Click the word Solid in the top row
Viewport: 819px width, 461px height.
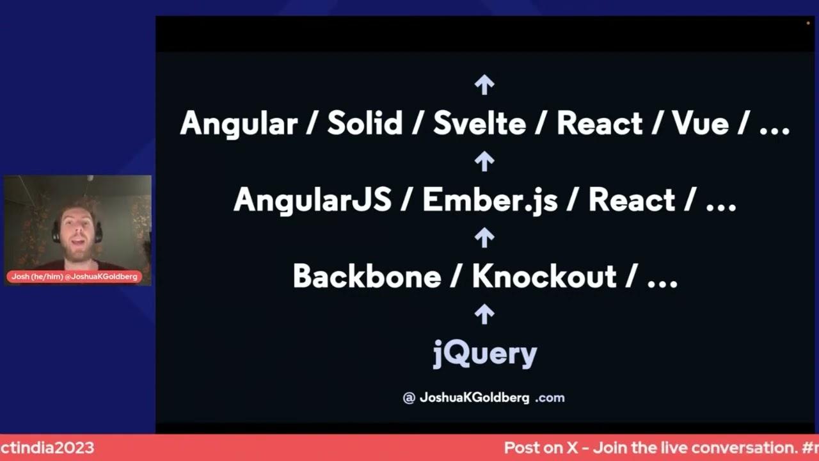point(365,123)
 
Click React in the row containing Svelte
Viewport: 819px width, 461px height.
point(599,123)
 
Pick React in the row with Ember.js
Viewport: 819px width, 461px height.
point(632,200)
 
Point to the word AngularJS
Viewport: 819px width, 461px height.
point(312,200)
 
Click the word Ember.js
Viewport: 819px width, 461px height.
point(491,200)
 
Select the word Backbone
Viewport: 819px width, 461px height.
point(367,276)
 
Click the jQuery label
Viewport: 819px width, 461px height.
point(485,353)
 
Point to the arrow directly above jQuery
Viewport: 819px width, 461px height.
point(484,314)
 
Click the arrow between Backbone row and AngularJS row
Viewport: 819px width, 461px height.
point(484,238)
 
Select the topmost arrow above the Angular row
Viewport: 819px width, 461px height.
point(484,84)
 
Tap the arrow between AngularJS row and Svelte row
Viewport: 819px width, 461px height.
point(484,161)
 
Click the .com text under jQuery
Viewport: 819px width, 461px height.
point(550,398)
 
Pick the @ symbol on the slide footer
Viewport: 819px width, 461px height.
point(409,398)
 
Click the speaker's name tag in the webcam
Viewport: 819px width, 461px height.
point(74,277)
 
